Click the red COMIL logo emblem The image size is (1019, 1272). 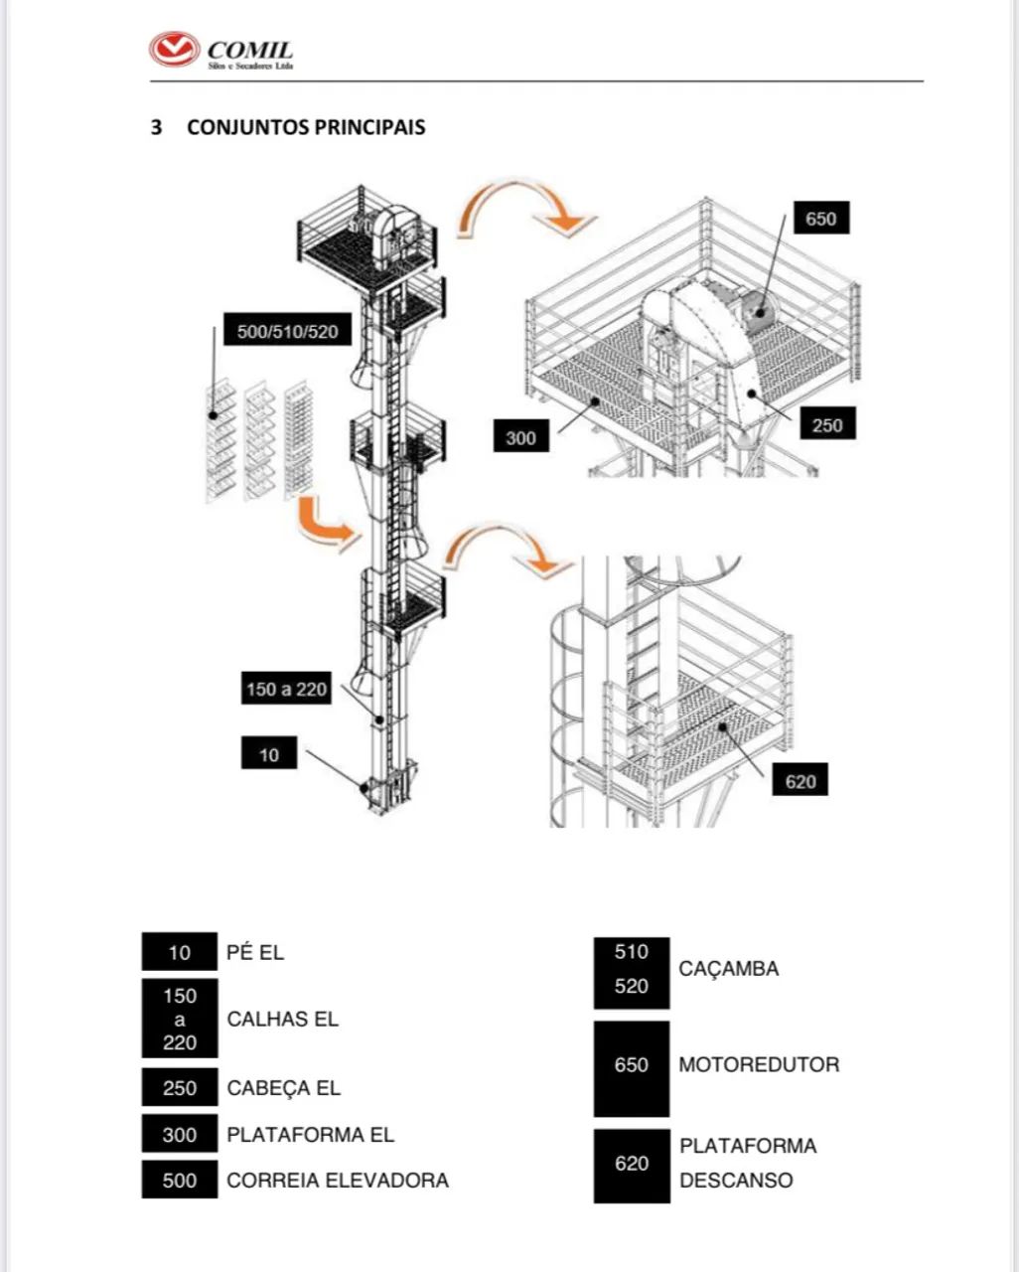(x=174, y=50)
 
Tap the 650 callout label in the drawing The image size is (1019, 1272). (x=820, y=219)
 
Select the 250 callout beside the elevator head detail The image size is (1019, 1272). (x=826, y=425)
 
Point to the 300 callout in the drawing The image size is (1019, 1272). (x=520, y=437)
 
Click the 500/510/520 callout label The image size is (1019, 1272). (x=287, y=331)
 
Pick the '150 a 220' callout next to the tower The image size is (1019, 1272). (x=286, y=689)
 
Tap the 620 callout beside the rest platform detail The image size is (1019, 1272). (x=801, y=781)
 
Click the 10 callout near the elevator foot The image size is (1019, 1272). (x=269, y=755)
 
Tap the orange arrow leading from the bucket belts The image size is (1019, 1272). (x=324, y=525)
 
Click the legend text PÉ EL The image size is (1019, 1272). (x=255, y=952)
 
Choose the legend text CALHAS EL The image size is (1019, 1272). (x=282, y=1019)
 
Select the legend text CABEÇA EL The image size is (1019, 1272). (x=283, y=1088)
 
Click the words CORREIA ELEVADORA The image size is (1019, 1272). (x=337, y=1181)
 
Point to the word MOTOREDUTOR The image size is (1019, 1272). (x=759, y=1064)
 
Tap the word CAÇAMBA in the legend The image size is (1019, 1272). (x=728, y=969)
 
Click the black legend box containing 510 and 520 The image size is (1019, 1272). (x=632, y=969)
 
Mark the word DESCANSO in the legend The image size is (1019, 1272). (x=736, y=1181)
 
